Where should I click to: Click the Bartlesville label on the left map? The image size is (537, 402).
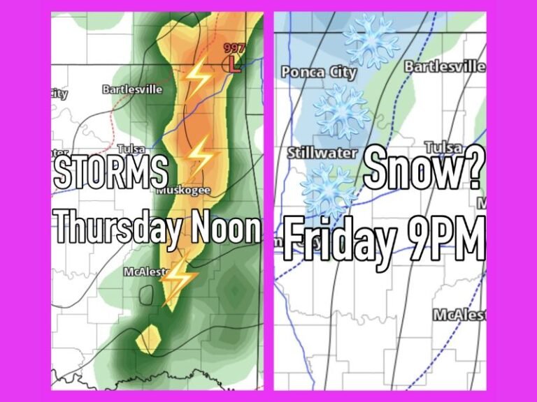point(132,89)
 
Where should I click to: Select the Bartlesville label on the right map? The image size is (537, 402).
point(445,67)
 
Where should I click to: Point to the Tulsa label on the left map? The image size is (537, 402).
point(131,149)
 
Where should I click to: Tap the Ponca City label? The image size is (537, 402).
point(319,72)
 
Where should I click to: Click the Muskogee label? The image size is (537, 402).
point(184,190)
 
